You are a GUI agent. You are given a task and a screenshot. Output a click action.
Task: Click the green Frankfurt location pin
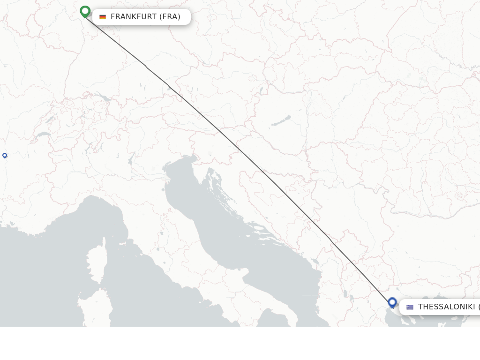click(x=85, y=11)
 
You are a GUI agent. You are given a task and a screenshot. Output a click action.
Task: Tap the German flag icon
click(x=103, y=17)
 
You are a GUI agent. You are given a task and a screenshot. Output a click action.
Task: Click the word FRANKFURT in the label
click(x=134, y=17)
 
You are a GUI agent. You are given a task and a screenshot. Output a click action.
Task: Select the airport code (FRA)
click(x=170, y=17)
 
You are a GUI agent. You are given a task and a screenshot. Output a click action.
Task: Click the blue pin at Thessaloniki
click(x=392, y=302)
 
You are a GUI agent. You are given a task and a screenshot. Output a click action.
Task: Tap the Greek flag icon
click(x=410, y=307)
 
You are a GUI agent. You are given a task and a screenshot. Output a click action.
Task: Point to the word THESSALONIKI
click(x=446, y=307)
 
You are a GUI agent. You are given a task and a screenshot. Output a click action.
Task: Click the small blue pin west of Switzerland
click(x=5, y=155)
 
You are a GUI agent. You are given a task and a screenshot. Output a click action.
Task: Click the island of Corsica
click(x=95, y=265)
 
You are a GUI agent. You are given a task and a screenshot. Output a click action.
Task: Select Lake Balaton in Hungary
click(x=281, y=121)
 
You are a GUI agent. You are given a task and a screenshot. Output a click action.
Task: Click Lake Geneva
click(x=44, y=135)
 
